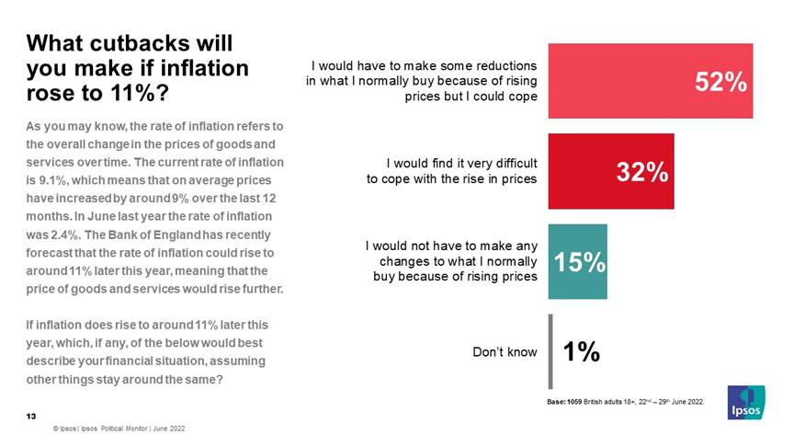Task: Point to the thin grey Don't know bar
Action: click(x=550, y=351)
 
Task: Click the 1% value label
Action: click(x=582, y=351)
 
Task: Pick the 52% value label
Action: click(x=720, y=82)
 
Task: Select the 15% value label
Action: click(x=579, y=262)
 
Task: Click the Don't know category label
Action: click(x=505, y=351)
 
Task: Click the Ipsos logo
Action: click(x=744, y=401)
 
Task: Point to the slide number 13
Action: click(x=30, y=417)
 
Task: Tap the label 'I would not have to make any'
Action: click(x=451, y=246)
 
